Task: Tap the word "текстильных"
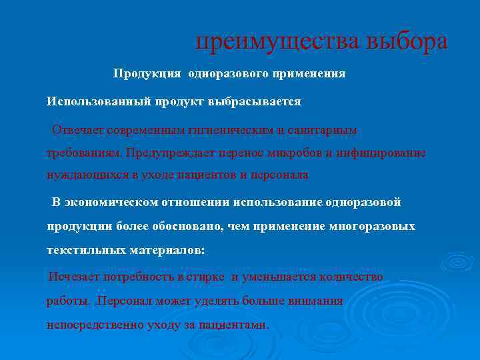pos(83,251)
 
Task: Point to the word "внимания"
pos(315,301)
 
